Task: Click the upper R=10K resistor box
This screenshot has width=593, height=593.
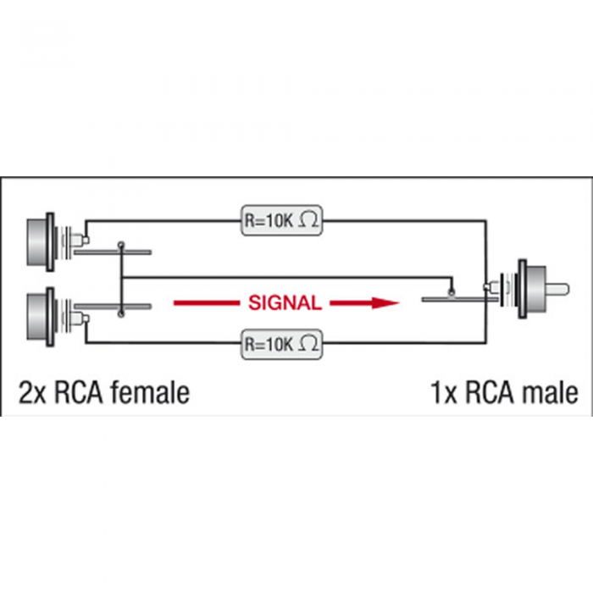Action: point(282,220)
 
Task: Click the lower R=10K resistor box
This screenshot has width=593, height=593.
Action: point(282,344)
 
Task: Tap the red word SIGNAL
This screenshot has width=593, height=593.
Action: point(285,303)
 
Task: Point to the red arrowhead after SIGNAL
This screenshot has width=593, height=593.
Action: point(385,302)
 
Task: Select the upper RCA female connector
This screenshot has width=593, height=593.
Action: point(57,242)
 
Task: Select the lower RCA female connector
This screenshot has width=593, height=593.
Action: point(57,317)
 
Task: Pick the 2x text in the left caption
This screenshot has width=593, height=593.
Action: point(32,393)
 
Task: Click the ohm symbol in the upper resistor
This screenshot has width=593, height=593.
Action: point(308,220)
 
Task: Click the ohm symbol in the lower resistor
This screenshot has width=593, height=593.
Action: point(308,344)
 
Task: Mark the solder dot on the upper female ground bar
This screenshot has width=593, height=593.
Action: point(121,246)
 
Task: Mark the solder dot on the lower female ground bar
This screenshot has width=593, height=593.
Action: point(121,313)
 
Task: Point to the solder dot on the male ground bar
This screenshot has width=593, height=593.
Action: point(451,292)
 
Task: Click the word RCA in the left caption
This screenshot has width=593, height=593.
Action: point(79,392)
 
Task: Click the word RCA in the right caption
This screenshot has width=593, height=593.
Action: point(490,392)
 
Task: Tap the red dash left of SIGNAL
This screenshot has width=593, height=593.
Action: point(207,303)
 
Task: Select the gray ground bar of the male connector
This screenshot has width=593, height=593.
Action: point(460,300)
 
